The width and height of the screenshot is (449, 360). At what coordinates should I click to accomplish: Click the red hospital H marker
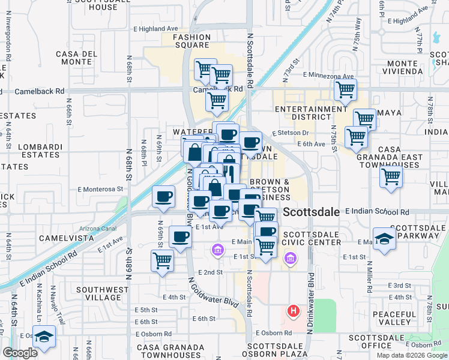[x=294, y=311]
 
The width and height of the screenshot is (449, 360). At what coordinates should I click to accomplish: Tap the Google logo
[x=20, y=353]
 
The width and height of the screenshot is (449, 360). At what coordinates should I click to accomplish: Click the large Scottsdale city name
[x=311, y=212]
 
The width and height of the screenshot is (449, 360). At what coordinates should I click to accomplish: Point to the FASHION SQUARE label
[x=192, y=41]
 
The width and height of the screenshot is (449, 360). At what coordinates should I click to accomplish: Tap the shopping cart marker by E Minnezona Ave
[x=345, y=90]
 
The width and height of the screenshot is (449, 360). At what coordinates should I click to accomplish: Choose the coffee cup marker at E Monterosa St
[x=163, y=196]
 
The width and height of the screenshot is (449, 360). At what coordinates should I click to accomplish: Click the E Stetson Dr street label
[x=290, y=133]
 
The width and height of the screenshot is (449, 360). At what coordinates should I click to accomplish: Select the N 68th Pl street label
[x=145, y=154]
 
